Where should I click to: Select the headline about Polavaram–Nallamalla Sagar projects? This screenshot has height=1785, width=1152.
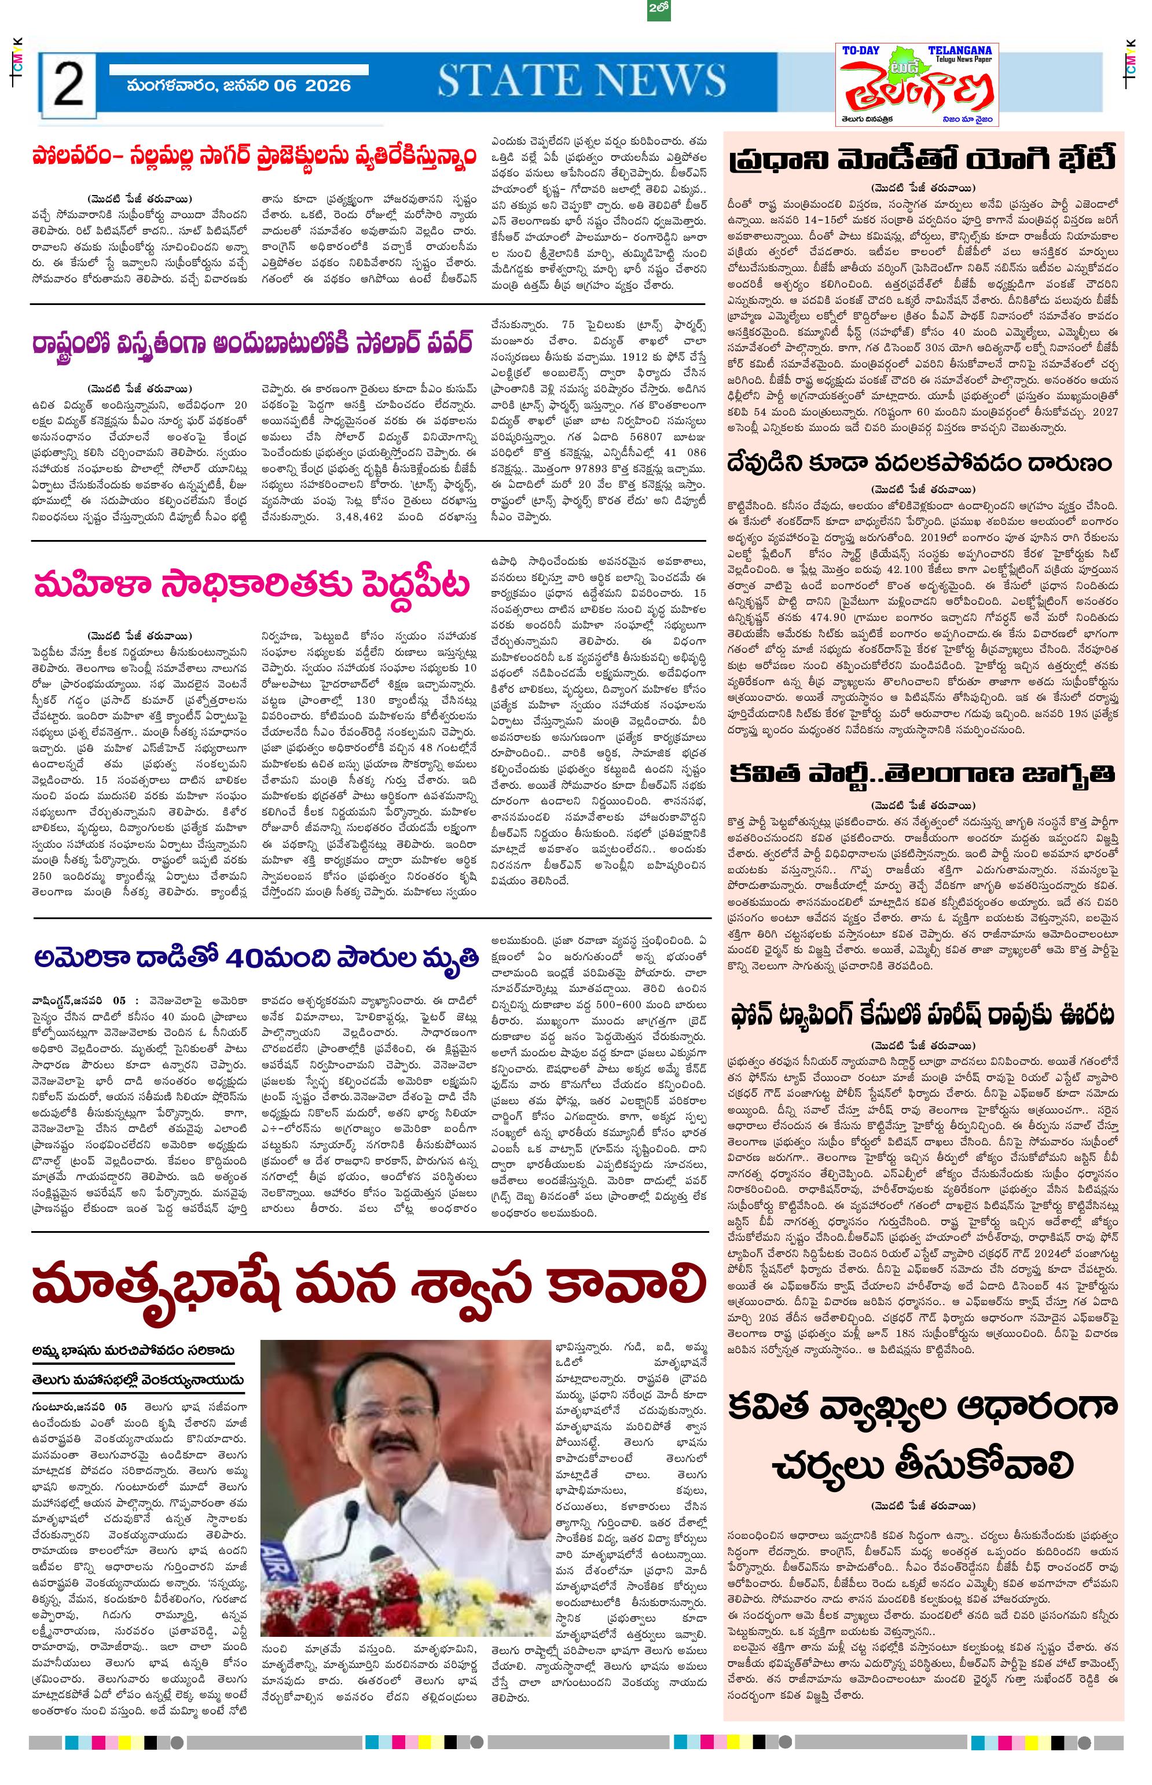(x=254, y=159)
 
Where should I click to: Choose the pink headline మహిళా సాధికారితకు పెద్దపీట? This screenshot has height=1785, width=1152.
(x=253, y=584)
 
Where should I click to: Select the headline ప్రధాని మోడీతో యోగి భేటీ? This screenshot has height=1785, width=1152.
(x=923, y=160)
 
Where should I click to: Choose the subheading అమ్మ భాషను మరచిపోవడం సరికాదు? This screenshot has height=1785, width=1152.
(x=133, y=1350)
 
